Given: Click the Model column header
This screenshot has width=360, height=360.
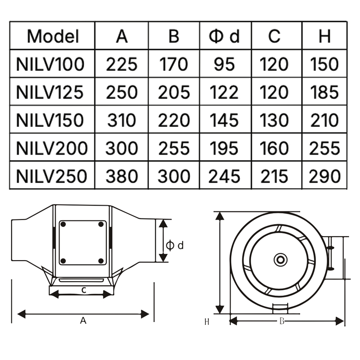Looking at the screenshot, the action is pyautogui.click(x=53, y=36).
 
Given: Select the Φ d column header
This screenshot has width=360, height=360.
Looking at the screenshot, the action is pyautogui.click(x=224, y=36).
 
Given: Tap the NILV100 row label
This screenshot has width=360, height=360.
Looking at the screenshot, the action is pyautogui.click(x=50, y=64).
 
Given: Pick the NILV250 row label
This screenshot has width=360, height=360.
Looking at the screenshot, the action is pyautogui.click(x=51, y=176).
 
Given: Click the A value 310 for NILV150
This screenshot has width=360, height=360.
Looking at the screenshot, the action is pyautogui.click(x=121, y=120).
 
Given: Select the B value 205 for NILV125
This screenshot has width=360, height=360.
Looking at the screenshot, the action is pyautogui.click(x=174, y=92).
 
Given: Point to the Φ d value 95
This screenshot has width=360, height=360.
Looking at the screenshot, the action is pyautogui.click(x=224, y=64).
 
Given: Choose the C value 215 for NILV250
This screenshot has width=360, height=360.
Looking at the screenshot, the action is pyautogui.click(x=274, y=176).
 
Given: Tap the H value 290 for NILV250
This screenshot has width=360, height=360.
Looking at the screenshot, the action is pyautogui.click(x=324, y=176).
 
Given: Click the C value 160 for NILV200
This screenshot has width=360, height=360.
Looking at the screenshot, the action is pyautogui.click(x=274, y=148).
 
